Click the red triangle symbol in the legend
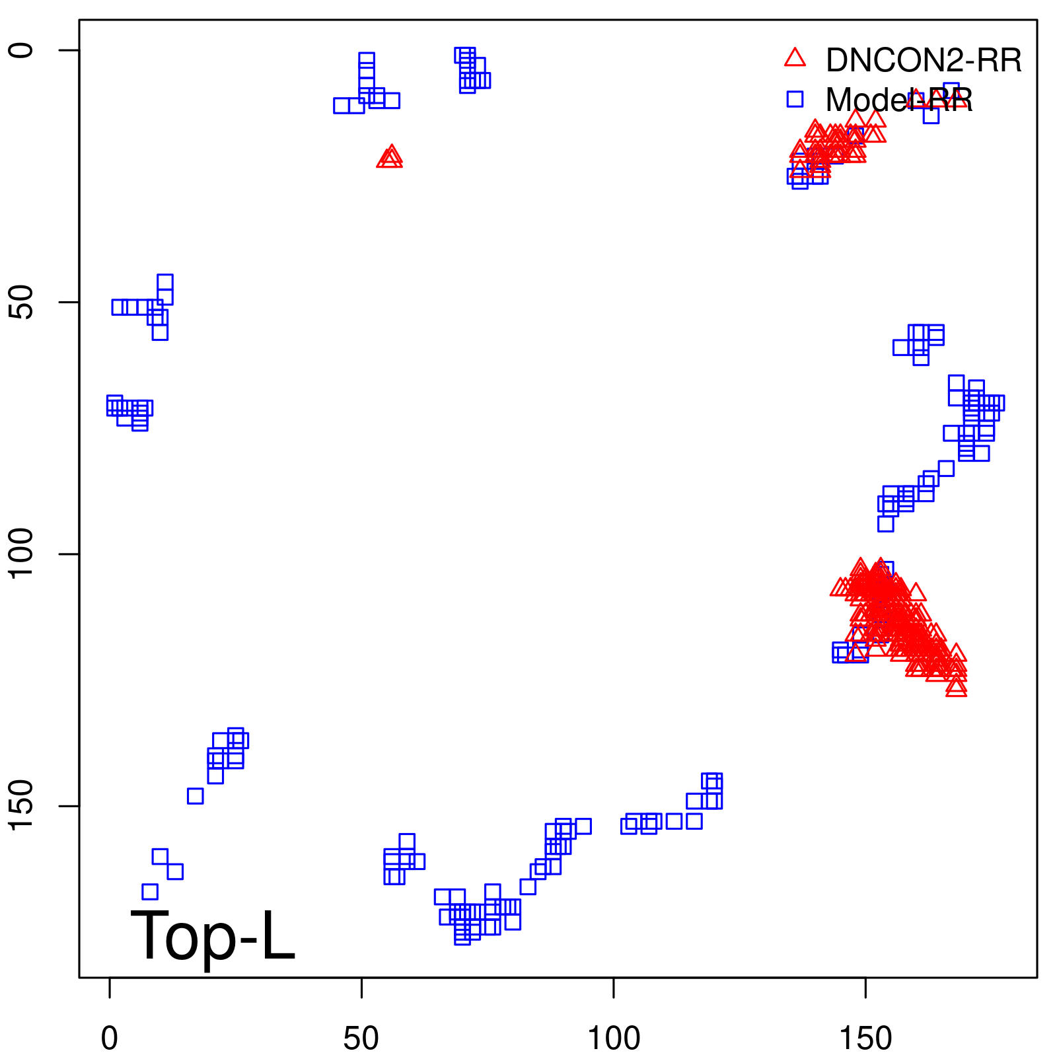(x=795, y=58)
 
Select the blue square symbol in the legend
(x=795, y=99)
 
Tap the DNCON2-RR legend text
(x=924, y=61)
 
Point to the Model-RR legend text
(x=898, y=100)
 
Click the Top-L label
(x=213, y=935)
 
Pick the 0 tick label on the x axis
(x=110, y=1039)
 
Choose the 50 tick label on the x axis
(x=361, y=1039)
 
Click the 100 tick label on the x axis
(x=614, y=1039)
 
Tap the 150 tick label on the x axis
(x=865, y=1039)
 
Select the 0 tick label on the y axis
(x=22, y=50)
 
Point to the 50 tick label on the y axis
(x=22, y=303)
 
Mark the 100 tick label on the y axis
(x=22, y=554)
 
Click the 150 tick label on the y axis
(x=22, y=806)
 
